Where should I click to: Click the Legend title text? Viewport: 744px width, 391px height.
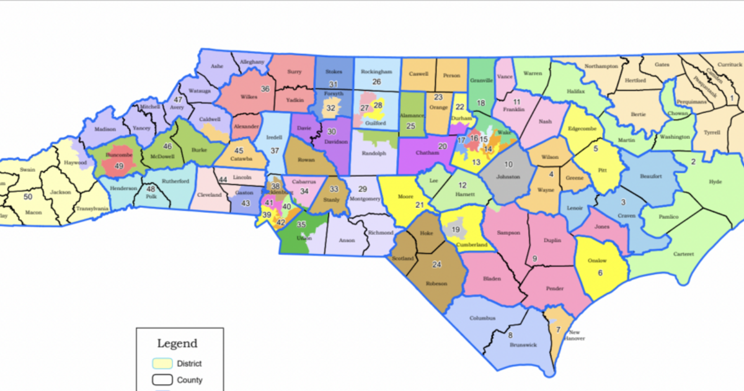pyautogui.click(x=177, y=343)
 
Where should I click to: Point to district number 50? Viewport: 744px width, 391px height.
pyautogui.click(x=27, y=197)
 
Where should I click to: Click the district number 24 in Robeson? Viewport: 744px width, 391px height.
pyautogui.click(x=436, y=264)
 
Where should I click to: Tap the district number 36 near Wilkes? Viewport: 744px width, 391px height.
pyautogui.click(x=265, y=89)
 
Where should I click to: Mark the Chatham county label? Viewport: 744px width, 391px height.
pyautogui.click(x=422, y=153)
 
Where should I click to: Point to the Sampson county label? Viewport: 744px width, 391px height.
pyautogui.click(x=508, y=232)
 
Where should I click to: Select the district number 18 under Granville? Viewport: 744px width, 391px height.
pyautogui.click(x=481, y=103)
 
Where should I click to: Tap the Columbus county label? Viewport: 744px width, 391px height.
pyautogui.click(x=482, y=318)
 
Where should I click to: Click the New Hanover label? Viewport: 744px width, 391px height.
pyautogui.click(x=574, y=335)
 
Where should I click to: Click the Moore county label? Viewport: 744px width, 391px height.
pyautogui.click(x=405, y=196)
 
